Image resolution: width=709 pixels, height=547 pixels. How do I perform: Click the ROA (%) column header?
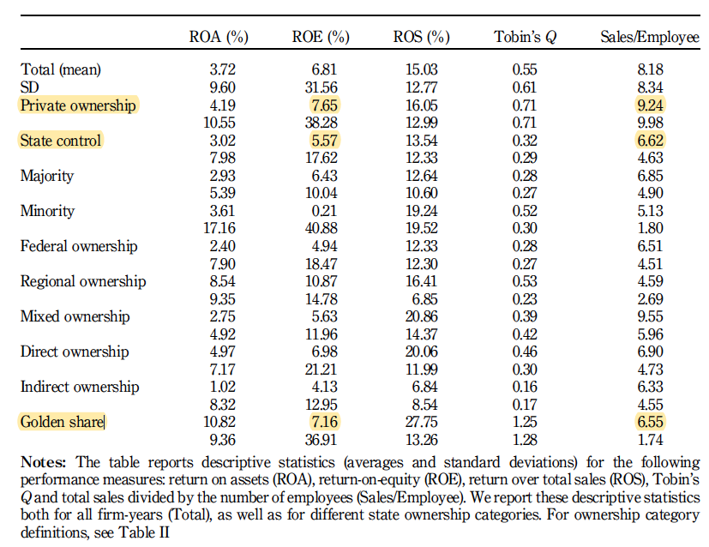pos(219,37)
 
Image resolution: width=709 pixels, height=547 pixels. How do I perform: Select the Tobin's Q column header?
pos(525,37)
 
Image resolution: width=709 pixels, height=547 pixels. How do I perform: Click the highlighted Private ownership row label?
pos(78,105)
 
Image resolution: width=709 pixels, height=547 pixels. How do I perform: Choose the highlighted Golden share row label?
pos(62,422)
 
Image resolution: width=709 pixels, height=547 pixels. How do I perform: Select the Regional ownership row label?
pos(83,281)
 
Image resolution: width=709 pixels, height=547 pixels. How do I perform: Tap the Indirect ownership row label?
pos(80,387)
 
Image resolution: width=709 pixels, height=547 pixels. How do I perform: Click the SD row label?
pos(29,87)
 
